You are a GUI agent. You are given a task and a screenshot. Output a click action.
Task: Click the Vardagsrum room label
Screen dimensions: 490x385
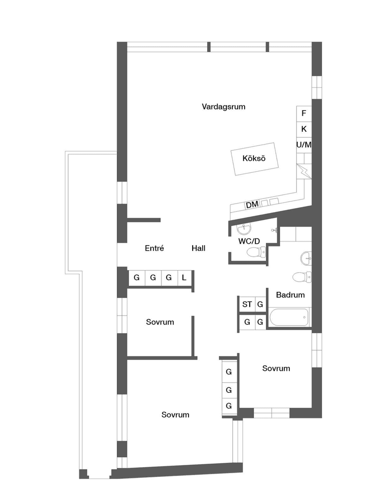point(224,107)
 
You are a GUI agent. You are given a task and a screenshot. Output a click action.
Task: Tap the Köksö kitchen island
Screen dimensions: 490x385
point(254,158)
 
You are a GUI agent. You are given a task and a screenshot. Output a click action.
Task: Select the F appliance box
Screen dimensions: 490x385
point(304,113)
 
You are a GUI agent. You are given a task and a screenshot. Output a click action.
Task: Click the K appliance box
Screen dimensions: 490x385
point(304,129)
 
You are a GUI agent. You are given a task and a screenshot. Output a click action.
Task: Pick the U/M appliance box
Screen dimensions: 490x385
point(304,145)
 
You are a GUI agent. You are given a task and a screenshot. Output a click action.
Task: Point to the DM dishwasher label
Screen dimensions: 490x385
point(252,205)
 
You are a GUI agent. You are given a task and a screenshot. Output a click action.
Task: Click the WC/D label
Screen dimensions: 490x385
point(249,241)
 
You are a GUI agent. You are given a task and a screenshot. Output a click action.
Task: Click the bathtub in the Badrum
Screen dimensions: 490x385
point(290,318)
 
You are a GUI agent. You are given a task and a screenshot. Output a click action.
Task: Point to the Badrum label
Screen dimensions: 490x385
point(290,295)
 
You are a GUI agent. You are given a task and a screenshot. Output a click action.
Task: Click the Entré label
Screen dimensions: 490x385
point(154,249)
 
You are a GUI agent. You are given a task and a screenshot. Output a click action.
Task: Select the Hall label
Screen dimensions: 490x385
point(198,249)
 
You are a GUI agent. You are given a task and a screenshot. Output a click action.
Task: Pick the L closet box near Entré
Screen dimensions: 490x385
point(184,277)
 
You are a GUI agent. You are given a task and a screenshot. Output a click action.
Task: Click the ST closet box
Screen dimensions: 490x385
point(247,305)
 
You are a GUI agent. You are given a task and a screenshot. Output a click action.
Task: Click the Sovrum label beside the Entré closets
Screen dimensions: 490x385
point(160,322)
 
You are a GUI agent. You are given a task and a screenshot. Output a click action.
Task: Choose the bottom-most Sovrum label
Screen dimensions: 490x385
point(175,414)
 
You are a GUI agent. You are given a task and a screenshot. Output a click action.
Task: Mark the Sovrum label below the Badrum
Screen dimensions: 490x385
point(276,368)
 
